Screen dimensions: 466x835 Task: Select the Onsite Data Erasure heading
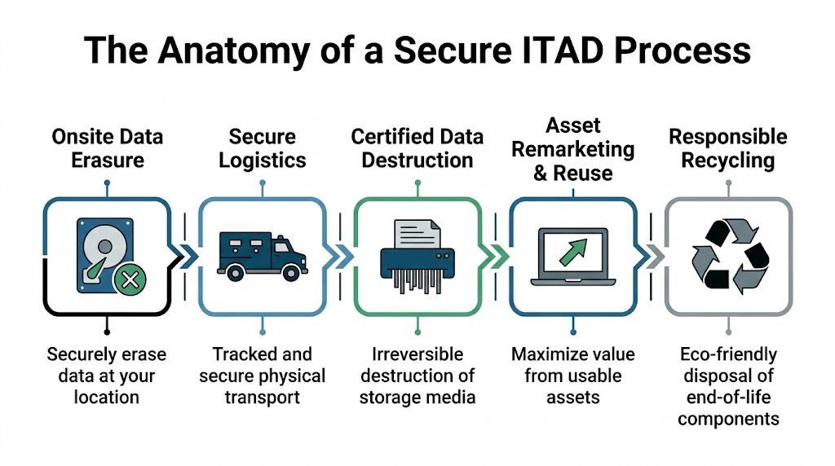click(x=106, y=147)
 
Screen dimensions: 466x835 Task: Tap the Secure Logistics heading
click(x=262, y=147)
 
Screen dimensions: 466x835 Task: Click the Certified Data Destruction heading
click(x=417, y=147)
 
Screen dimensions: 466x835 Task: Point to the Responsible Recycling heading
click(x=727, y=147)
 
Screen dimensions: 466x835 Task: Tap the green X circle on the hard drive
click(x=128, y=281)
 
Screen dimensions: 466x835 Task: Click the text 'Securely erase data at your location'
click(x=106, y=376)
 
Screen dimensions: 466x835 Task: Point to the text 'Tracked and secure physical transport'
click(x=262, y=376)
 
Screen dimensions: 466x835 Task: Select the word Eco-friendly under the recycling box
click(x=727, y=354)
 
